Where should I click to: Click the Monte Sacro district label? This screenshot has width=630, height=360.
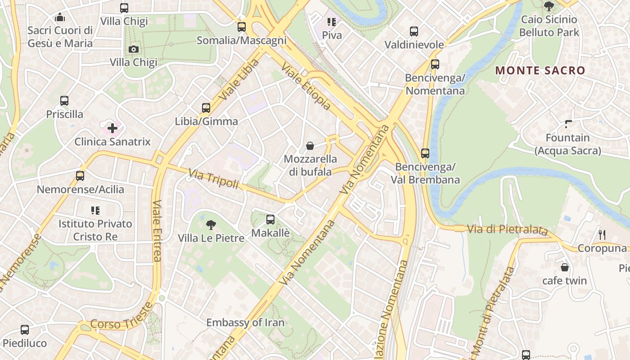pos(540,71)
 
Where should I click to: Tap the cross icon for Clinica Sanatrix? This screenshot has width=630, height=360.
pos(112,128)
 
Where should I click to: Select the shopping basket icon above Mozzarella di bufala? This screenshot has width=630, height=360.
pos(310,146)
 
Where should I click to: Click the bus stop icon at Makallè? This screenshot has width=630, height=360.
pos(270,220)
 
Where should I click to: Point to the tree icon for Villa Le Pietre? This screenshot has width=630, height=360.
pos(211,225)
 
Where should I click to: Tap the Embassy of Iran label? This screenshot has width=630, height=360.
pos(245,323)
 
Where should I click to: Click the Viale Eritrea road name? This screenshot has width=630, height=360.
pos(157,230)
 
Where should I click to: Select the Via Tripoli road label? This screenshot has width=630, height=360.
pos(213,178)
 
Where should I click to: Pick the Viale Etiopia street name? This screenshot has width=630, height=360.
pos(306,86)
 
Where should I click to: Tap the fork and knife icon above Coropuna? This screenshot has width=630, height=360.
pos(603,234)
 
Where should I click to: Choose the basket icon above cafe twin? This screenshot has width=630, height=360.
pos(565,267)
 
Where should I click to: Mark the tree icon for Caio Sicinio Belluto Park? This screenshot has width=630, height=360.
pos(549,6)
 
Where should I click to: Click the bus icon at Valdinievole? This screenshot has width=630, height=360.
pos(414,31)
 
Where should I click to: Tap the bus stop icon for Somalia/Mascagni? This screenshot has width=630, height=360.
pos(242,27)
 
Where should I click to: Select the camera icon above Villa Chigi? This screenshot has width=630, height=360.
pos(134,49)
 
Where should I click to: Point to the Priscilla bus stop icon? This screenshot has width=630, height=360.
pos(64,101)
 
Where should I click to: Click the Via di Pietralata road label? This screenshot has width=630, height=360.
pos(507,229)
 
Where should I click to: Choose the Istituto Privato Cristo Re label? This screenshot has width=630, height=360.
pos(95,230)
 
